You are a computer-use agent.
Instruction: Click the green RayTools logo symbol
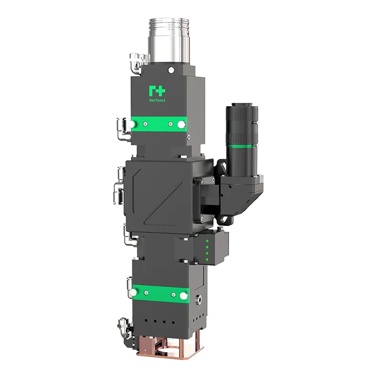click(156, 90)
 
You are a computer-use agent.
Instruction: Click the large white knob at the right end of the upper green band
click(180, 124)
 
